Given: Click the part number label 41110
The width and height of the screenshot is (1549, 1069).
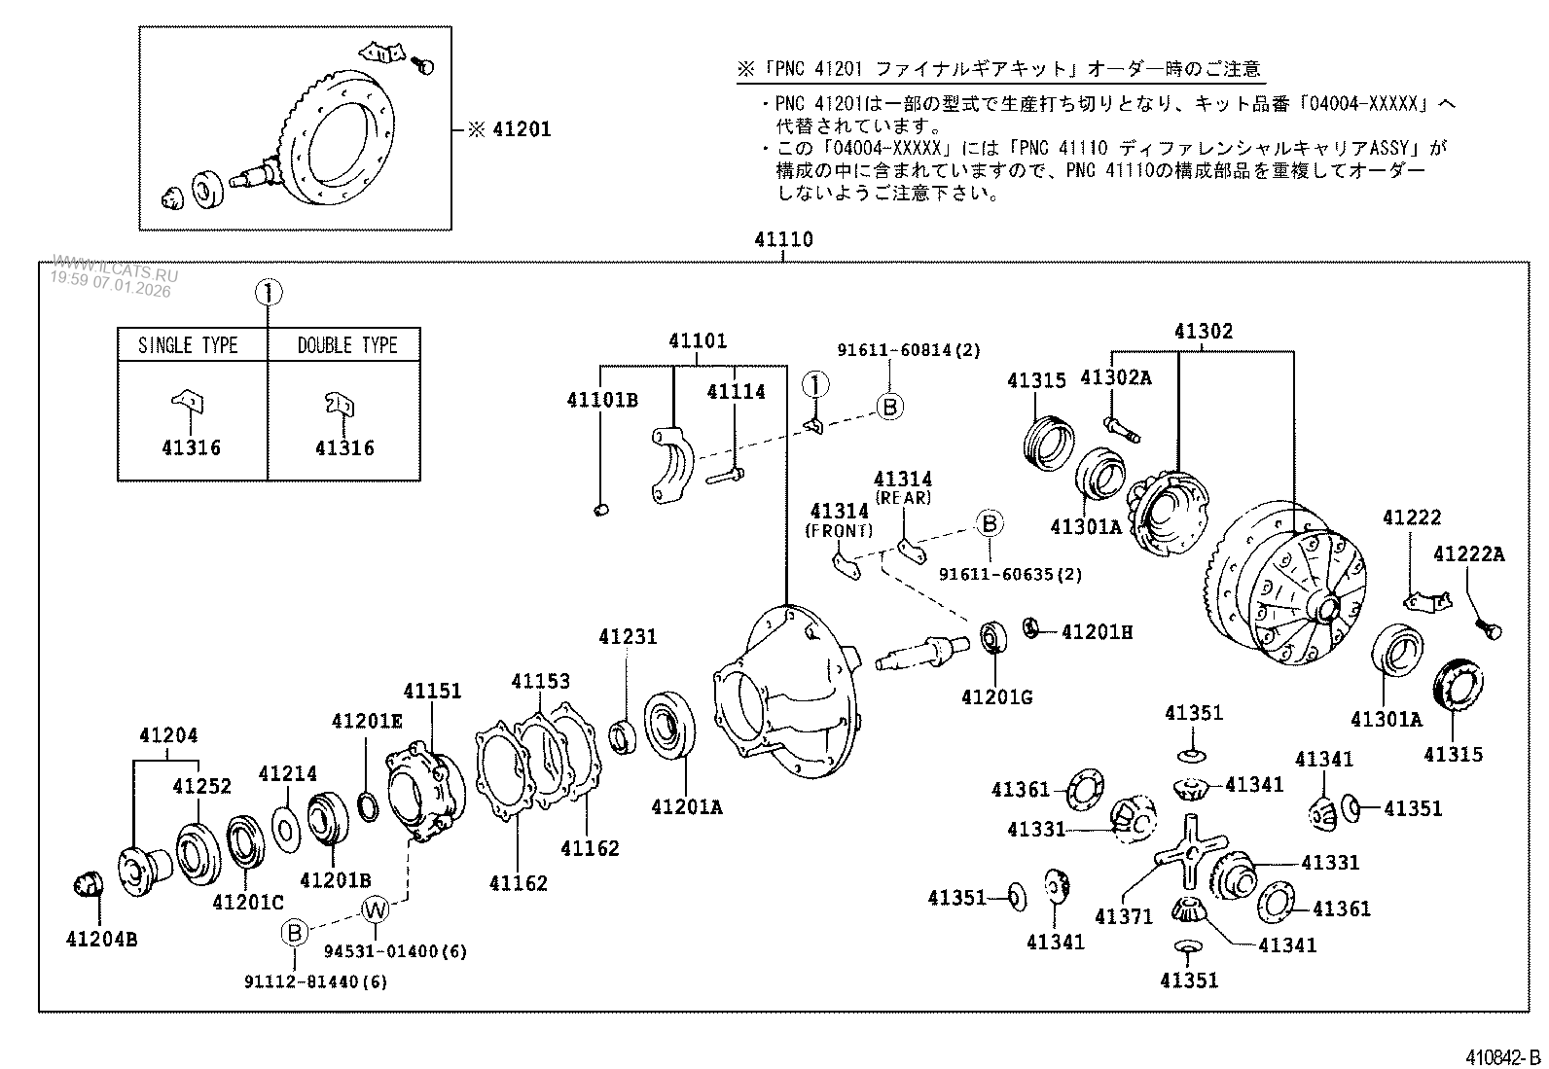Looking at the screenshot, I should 783,239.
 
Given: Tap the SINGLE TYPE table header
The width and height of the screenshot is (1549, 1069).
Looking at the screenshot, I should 188,345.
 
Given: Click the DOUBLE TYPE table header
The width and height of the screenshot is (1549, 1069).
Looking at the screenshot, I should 347,345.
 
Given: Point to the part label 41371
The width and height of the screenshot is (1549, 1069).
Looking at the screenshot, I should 1123,916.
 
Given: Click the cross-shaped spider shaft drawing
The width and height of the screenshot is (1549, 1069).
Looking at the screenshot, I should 1186,854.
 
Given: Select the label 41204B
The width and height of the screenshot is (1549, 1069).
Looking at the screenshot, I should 101,939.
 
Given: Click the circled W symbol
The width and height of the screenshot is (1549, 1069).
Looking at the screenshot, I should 376,910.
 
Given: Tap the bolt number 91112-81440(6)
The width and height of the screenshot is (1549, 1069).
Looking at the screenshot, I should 315,982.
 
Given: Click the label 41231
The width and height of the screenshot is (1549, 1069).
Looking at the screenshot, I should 628,637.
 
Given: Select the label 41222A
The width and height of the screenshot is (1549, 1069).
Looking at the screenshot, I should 1468,555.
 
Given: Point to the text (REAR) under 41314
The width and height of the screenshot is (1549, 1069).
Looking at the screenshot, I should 903,497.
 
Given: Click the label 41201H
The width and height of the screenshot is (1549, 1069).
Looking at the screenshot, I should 1097,632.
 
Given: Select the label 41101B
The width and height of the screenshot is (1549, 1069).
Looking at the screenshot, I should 602,400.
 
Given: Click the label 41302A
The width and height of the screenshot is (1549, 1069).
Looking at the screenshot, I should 1115,377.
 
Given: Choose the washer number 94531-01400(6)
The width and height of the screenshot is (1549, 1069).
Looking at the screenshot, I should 409,951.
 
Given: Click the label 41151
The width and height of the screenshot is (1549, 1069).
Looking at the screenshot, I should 432,691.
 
